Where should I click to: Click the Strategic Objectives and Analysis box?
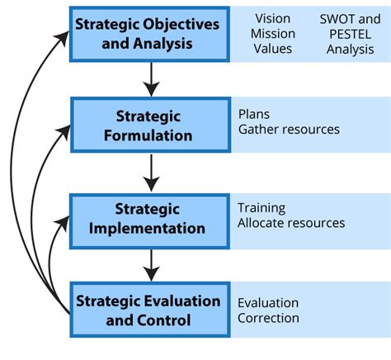pos(148,33)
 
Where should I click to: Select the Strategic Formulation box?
pos(148,126)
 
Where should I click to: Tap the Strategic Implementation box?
pos(148,218)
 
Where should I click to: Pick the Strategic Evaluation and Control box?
pos(148,309)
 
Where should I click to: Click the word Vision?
pos(272,18)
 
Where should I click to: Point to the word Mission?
pos(272,34)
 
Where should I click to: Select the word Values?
pos(272,50)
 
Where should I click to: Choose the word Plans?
pos(253,114)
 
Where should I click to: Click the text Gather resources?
pos(288,130)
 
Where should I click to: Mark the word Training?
pos(261,207)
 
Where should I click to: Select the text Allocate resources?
pos(290,223)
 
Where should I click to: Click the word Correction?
pos(268,318)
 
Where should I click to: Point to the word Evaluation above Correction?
pos(268,302)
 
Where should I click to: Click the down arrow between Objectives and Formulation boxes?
pos(149,79)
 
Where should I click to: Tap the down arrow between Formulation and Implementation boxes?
pos(149,173)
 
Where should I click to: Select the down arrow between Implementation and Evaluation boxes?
pos(149,264)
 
